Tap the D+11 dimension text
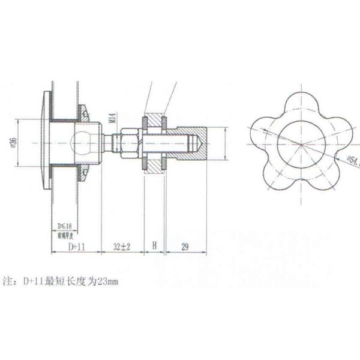(x=74, y=247)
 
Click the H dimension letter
(x=154, y=247)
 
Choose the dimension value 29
(x=185, y=247)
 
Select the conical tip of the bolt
(x=196, y=143)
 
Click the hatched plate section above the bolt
(x=154, y=119)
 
